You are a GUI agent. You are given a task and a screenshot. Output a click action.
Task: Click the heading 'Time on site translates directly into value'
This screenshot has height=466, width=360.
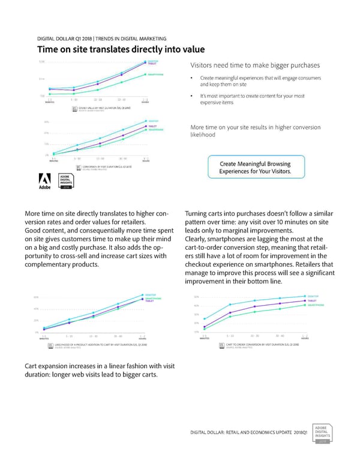(122, 49)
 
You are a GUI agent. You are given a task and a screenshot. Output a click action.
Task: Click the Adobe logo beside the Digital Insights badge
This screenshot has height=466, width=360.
(46, 180)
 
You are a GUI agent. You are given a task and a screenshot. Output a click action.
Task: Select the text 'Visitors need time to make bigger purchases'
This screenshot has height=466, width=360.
(254, 65)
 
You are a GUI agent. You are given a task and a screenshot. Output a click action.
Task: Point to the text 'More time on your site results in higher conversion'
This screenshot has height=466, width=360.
(254, 127)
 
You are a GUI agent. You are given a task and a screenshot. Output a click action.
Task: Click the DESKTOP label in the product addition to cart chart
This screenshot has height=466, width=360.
(152, 294)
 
